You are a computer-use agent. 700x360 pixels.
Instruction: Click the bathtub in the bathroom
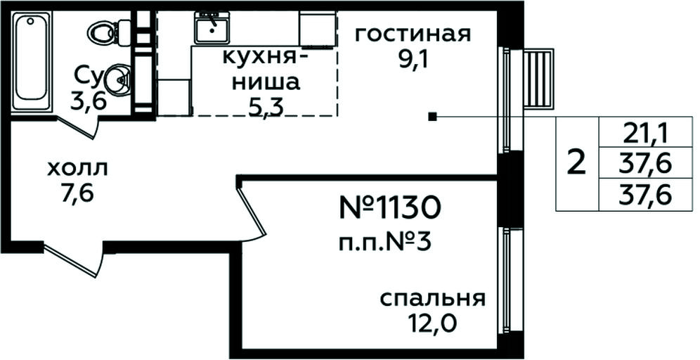coord(30,61)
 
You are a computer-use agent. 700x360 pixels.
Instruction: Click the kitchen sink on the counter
coord(211,27)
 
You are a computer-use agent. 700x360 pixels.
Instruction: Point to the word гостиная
coord(413,34)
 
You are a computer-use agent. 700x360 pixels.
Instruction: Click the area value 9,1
coord(413,59)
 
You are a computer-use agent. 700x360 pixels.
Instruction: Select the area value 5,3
coord(266,108)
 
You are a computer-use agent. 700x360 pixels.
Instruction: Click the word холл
coord(78,169)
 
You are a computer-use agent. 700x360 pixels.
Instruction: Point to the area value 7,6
coord(78,194)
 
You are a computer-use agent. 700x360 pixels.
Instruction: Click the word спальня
coord(433,300)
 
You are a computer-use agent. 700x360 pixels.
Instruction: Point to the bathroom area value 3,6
coord(89,102)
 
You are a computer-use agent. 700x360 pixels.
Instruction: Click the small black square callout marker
coord(432,117)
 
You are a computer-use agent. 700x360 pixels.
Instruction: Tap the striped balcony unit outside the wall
coord(538,79)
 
